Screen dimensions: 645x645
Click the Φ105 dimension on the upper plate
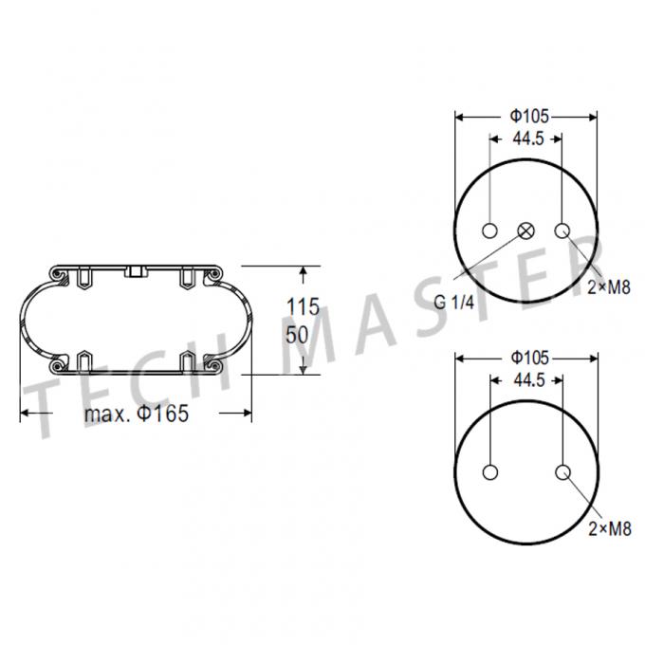click(x=526, y=117)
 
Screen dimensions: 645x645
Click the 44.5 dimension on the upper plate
click(x=527, y=138)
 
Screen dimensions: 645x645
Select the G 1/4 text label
click(x=453, y=301)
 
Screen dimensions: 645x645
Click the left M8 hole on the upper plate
click(x=491, y=230)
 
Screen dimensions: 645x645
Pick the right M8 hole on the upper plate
click(x=562, y=230)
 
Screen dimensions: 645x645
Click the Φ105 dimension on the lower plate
click(x=526, y=359)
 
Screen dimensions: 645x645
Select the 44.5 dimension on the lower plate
click(x=527, y=380)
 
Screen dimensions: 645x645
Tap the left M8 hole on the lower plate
click(x=491, y=472)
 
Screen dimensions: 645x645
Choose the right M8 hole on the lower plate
click(x=562, y=472)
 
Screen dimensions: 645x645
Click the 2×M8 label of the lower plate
click(x=610, y=529)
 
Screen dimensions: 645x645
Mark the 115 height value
click(x=303, y=307)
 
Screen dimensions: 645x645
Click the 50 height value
click(x=298, y=334)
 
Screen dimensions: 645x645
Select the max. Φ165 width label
click(x=137, y=415)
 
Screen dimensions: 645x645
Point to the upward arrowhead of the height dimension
click(x=304, y=273)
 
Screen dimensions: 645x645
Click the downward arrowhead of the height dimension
click(x=304, y=368)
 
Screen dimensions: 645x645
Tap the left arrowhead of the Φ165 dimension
click(x=27, y=414)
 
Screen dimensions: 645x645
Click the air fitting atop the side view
click(x=135, y=273)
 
